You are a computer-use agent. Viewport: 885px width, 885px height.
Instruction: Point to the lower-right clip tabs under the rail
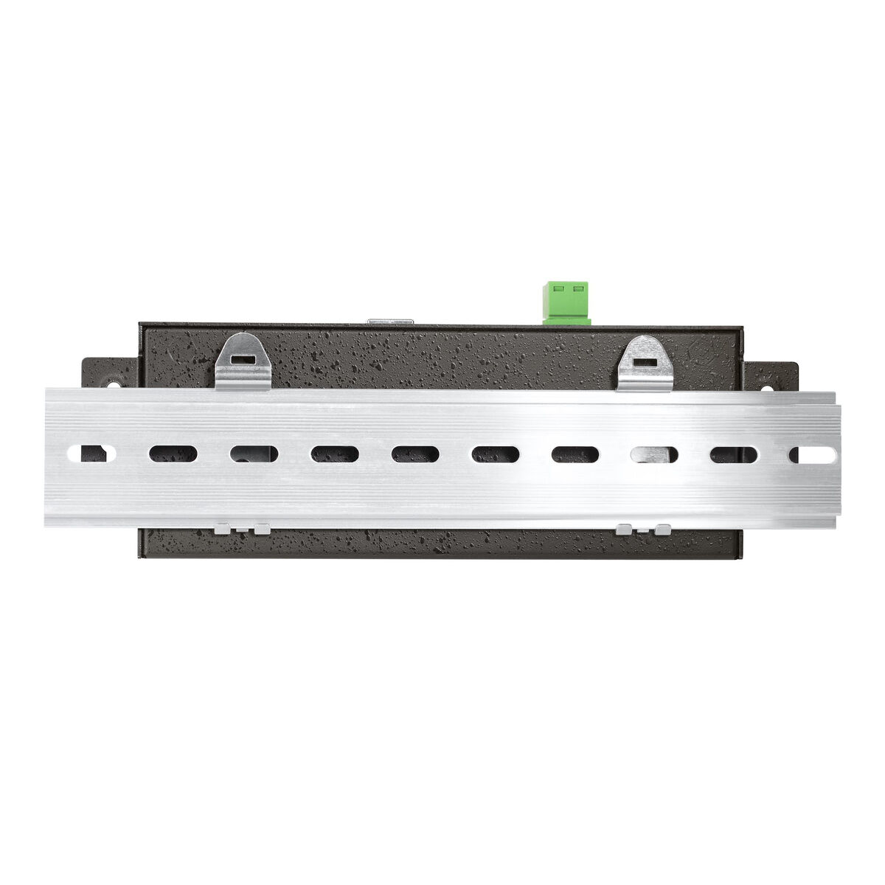pyautogui.click(x=645, y=529)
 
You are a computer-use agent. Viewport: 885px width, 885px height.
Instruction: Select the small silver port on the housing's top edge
pyautogui.click(x=391, y=322)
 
